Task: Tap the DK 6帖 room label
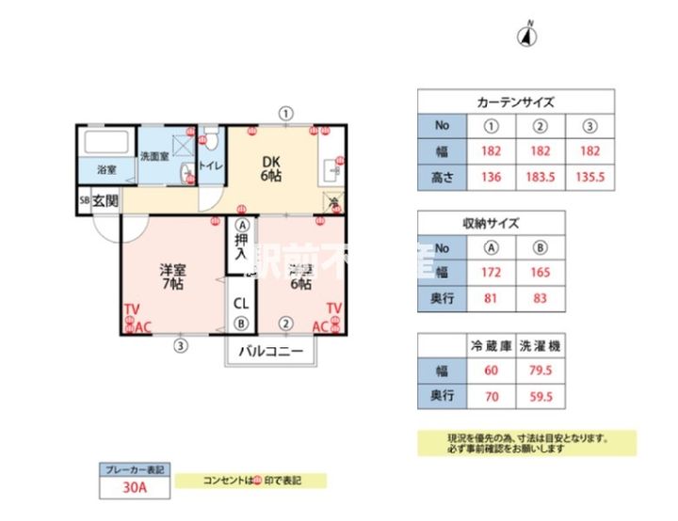271,168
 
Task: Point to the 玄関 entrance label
105,200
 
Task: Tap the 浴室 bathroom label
106,170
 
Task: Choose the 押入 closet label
241,249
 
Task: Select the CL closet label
241,304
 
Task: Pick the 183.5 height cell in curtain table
541,177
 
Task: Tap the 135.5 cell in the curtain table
590,177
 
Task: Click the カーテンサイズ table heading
516,102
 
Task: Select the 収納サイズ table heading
491,223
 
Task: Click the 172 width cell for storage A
491,274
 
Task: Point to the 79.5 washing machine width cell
541,371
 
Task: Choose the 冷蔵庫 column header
491,345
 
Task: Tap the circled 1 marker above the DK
284,113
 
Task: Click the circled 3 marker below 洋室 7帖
180,345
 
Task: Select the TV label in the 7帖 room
131,309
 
